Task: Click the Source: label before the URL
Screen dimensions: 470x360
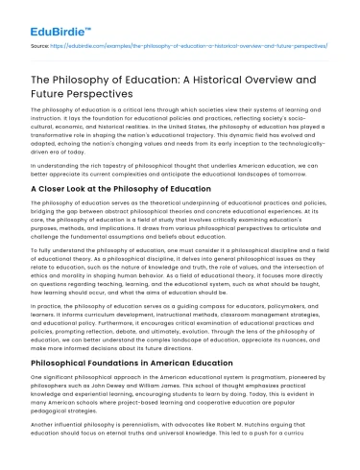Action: point(42,45)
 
